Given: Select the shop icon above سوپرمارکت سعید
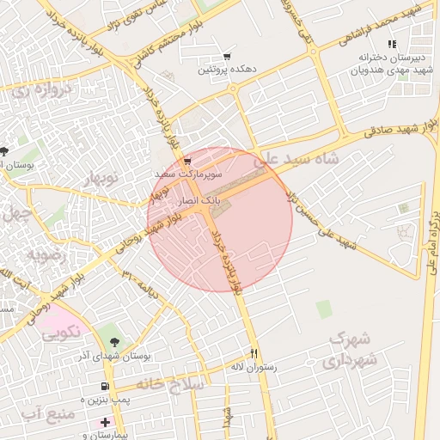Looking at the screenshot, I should pyautogui.click(x=187, y=161).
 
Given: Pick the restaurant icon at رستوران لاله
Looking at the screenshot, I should pyautogui.click(x=254, y=353).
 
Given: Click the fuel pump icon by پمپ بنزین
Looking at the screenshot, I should pyautogui.click(x=105, y=388).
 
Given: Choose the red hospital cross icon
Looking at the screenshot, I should pyautogui.click(x=105, y=422).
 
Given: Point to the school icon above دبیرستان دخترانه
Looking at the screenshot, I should pyautogui.click(x=392, y=44).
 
